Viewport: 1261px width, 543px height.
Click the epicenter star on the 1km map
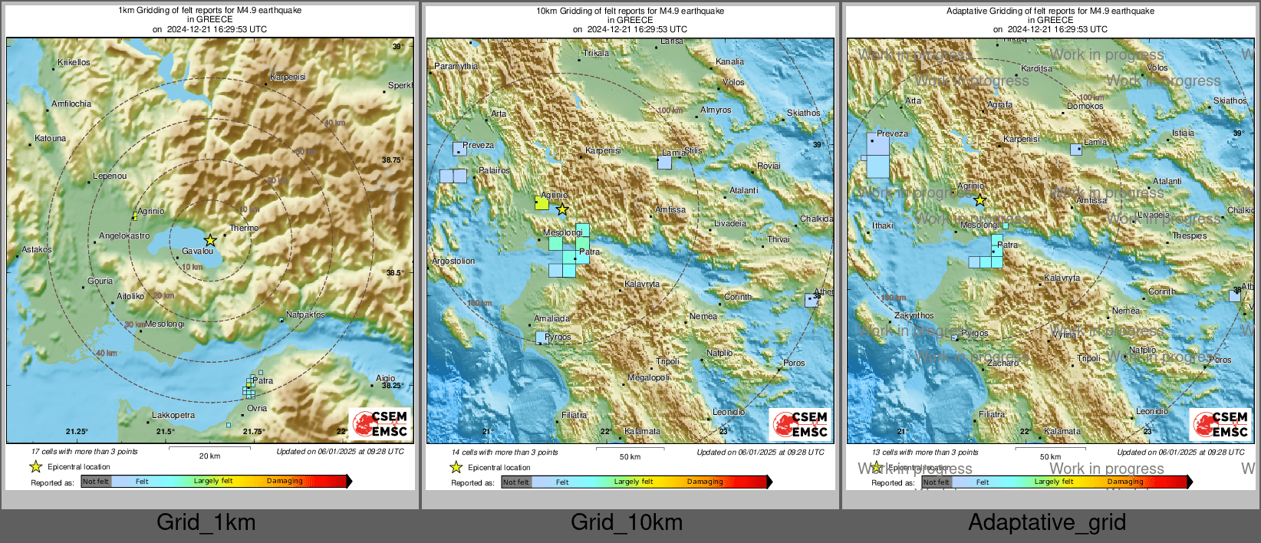[x=210, y=240]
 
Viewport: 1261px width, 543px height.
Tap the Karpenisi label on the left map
[x=288, y=77]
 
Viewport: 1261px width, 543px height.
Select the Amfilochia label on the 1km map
[x=71, y=104]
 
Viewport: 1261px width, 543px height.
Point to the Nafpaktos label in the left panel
[x=305, y=314]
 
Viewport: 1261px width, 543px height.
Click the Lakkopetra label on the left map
[x=173, y=415]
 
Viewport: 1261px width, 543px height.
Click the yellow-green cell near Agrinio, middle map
[x=542, y=203]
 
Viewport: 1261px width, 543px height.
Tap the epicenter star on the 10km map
[x=562, y=209]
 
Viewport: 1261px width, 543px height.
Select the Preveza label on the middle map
[x=478, y=145]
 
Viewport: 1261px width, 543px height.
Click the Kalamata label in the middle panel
[x=642, y=431]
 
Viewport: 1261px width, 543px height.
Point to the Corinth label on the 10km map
[x=738, y=297]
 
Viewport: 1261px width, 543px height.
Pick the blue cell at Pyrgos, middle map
[x=542, y=337]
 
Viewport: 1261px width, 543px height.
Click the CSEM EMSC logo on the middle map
[x=800, y=424]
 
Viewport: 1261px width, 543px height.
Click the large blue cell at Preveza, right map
[x=877, y=155]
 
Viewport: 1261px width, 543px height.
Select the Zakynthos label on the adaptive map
[x=914, y=315]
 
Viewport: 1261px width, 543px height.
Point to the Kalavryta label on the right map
[x=1062, y=278]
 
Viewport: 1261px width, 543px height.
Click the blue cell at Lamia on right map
[x=1076, y=149]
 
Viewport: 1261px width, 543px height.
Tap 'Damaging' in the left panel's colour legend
[x=285, y=481]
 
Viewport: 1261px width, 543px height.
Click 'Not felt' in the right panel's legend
[x=936, y=482]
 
